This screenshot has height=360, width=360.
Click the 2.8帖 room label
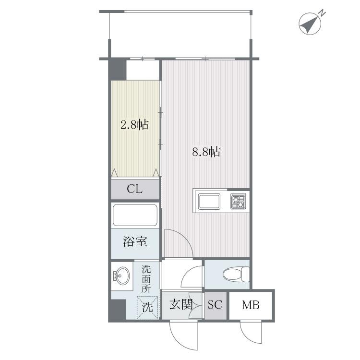click(134, 125)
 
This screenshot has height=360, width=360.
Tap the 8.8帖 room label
click(206, 152)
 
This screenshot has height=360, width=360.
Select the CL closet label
click(134, 189)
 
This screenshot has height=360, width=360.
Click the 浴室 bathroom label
click(135, 241)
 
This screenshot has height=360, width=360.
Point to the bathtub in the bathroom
click(135, 215)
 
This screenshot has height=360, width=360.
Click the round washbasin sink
click(122, 275)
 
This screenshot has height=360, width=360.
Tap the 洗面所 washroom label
click(146, 279)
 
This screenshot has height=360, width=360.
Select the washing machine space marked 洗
click(147, 307)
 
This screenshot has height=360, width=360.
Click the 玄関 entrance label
click(181, 305)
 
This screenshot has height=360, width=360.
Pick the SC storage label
click(215, 305)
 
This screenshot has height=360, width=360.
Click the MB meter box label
click(251, 305)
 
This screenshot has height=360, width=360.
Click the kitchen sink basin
click(209, 202)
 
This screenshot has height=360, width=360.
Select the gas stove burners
click(238, 201)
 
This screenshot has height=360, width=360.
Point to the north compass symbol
click(310, 24)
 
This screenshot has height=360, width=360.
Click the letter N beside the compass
click(323, 13)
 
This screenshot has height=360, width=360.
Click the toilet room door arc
click(187, 273)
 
